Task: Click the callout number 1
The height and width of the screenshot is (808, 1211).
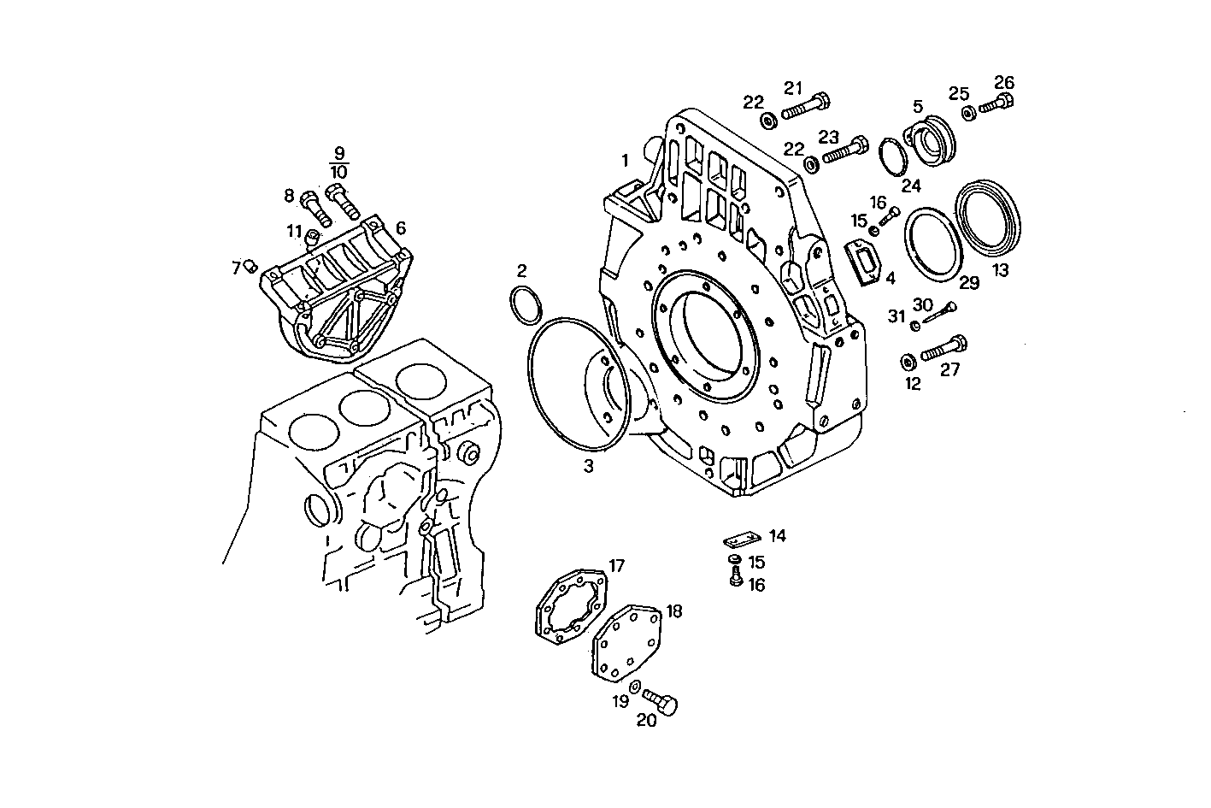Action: [x=625, y=160]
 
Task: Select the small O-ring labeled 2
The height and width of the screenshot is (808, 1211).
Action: [x=525, y=304]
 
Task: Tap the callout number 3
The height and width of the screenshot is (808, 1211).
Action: [x=588, y=466]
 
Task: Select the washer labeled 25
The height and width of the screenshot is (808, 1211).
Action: [x=968, y=113]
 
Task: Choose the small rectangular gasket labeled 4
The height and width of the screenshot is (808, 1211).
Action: [x=863, y=261]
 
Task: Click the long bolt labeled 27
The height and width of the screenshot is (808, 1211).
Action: [x=944, y=349]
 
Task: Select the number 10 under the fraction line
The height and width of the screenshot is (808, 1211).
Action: [x=338, y=172]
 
